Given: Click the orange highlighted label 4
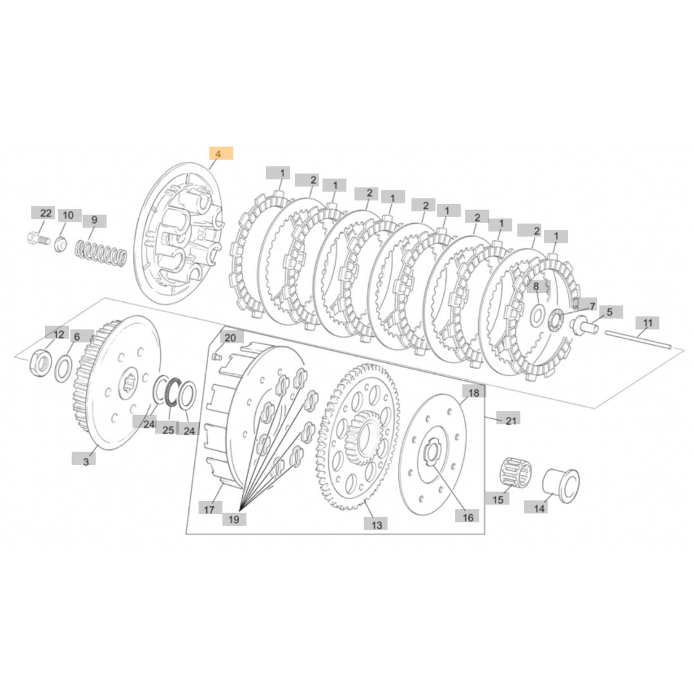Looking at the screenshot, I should [x=221, y=154].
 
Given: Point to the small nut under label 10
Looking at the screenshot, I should [x=62, y=244].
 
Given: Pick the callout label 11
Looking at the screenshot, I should [x=647, y=323].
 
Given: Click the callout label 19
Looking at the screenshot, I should [x=234, y=519].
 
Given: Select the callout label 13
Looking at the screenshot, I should [x=376, y=524].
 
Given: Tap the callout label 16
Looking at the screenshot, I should [x=467, y=516].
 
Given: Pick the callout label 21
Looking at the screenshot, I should [x=510, y=420].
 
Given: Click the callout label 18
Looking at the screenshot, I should [x=474, y=393].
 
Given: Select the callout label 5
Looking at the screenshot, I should [x=610, y=312].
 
